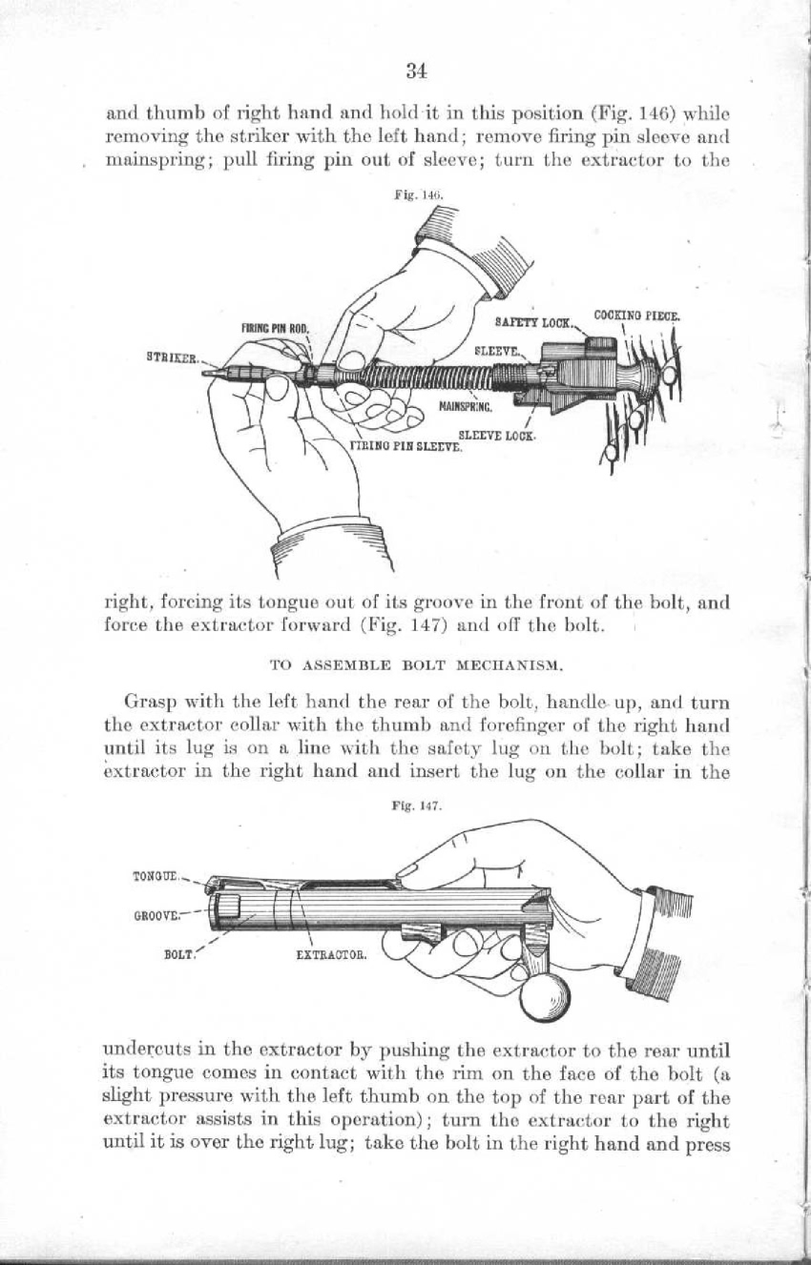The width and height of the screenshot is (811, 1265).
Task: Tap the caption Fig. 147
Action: tap(415, 806)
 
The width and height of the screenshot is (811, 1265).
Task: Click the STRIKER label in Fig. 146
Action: tap(172, 357)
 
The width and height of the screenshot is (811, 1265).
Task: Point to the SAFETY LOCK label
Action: tap(533, 323)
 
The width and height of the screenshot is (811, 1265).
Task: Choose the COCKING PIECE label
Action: tap(635, 316)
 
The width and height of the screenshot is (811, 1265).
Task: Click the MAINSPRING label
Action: tap(467, 407)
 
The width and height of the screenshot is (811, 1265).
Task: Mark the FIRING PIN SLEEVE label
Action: tap(406, 447)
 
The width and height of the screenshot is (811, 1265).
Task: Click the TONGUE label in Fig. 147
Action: tap(156, 877)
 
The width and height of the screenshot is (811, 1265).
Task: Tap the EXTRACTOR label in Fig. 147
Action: tap(332, 955)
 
